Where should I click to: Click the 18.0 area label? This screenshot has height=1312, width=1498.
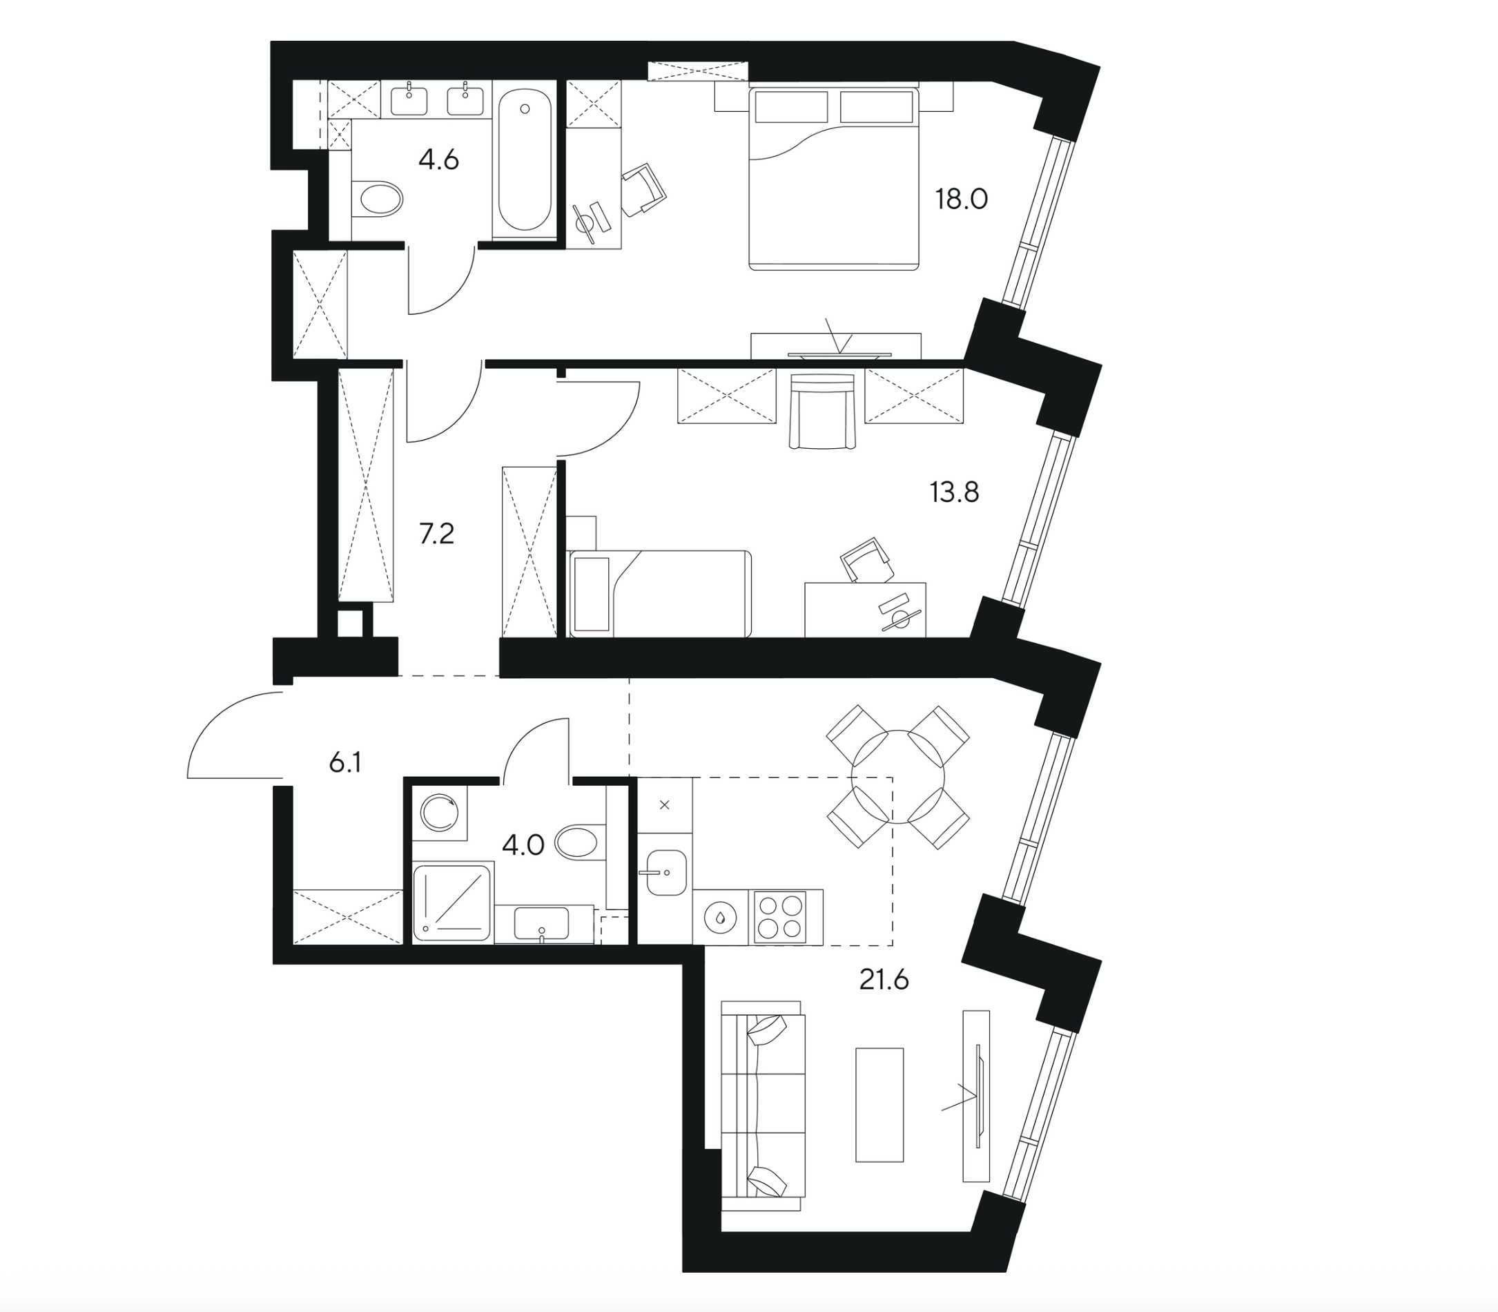pos(961,199)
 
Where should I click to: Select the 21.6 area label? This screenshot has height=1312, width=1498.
pos(884,979)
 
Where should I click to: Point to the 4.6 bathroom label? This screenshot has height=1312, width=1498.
pos(438,159)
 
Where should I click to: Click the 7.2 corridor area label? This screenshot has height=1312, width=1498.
pos(436,534)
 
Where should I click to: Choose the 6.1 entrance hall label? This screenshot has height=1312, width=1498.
pos(344,763)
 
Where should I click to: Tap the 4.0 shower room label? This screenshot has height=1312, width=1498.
pos(523,846)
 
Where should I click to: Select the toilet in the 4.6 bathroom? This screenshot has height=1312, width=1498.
pos(379,198)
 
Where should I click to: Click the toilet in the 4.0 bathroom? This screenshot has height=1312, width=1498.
pos(581,842)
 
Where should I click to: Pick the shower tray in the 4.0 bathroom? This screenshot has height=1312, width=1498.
pos(451,902)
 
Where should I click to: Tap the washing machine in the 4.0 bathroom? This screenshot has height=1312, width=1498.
pos(439,813)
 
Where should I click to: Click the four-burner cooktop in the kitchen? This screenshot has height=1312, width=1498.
pos(779,916)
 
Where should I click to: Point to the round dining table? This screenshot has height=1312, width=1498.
pos(898,778)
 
